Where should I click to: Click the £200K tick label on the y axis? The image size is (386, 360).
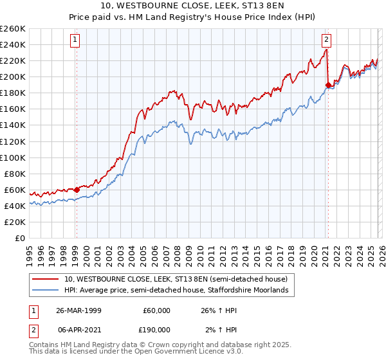click(12, 76)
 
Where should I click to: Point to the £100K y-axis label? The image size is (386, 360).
click(12, 157)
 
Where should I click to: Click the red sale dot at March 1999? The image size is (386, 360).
click(77, 190)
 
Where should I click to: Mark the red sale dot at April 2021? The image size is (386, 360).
click(327, 84)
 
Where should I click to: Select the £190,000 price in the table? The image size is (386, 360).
click(157, 329)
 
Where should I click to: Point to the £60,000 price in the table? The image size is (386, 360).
click(157, 310)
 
